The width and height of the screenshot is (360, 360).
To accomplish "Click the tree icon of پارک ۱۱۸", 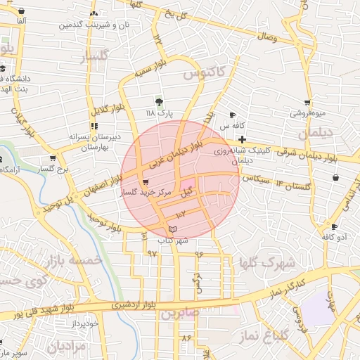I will (159, 102).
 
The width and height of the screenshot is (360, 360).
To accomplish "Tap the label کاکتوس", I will (204, 72).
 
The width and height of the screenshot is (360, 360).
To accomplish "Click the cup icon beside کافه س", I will (232, 115).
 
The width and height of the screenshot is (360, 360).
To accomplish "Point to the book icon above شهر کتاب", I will (173, 229).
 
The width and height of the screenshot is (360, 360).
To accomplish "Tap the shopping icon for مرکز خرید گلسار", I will (146, 182).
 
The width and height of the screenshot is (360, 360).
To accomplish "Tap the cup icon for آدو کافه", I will (334, 227).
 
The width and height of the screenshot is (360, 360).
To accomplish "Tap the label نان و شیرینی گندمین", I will (95, 25).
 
